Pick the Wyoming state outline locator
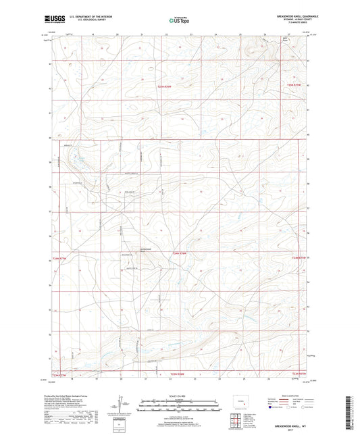pyautogui.click(x=245, y=402)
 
